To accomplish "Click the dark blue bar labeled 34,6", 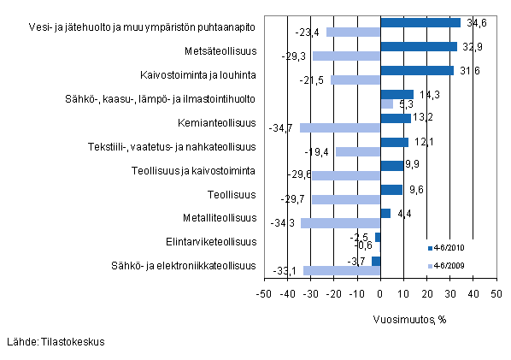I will point(420,23).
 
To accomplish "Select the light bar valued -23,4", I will point(353,32).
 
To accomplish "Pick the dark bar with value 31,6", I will point(417,70).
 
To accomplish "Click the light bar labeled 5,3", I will point(386,103).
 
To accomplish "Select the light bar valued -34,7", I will point(340,127).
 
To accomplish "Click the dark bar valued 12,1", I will point(394,142).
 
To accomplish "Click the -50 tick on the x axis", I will point(265,294).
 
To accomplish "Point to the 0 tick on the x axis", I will point(380,294).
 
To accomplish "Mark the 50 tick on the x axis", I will point(495,294).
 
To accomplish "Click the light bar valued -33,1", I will point(342,270).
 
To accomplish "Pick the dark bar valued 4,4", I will point(385,213).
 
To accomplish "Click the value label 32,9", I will point(473,47).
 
